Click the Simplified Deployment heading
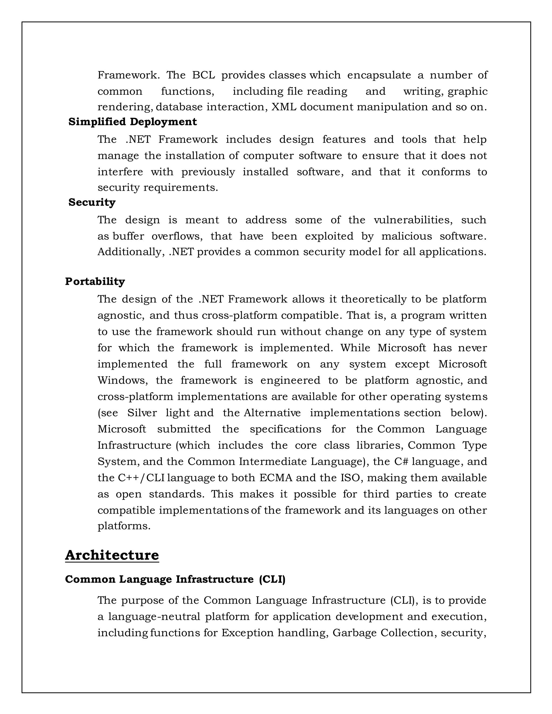(132, 122)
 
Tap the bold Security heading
(92, 202)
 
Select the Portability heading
(95, 282)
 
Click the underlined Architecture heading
(112, 555)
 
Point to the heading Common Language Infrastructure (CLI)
(175, 579)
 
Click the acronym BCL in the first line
(203, 75)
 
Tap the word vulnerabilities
(413, 220)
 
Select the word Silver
(142, 413)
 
